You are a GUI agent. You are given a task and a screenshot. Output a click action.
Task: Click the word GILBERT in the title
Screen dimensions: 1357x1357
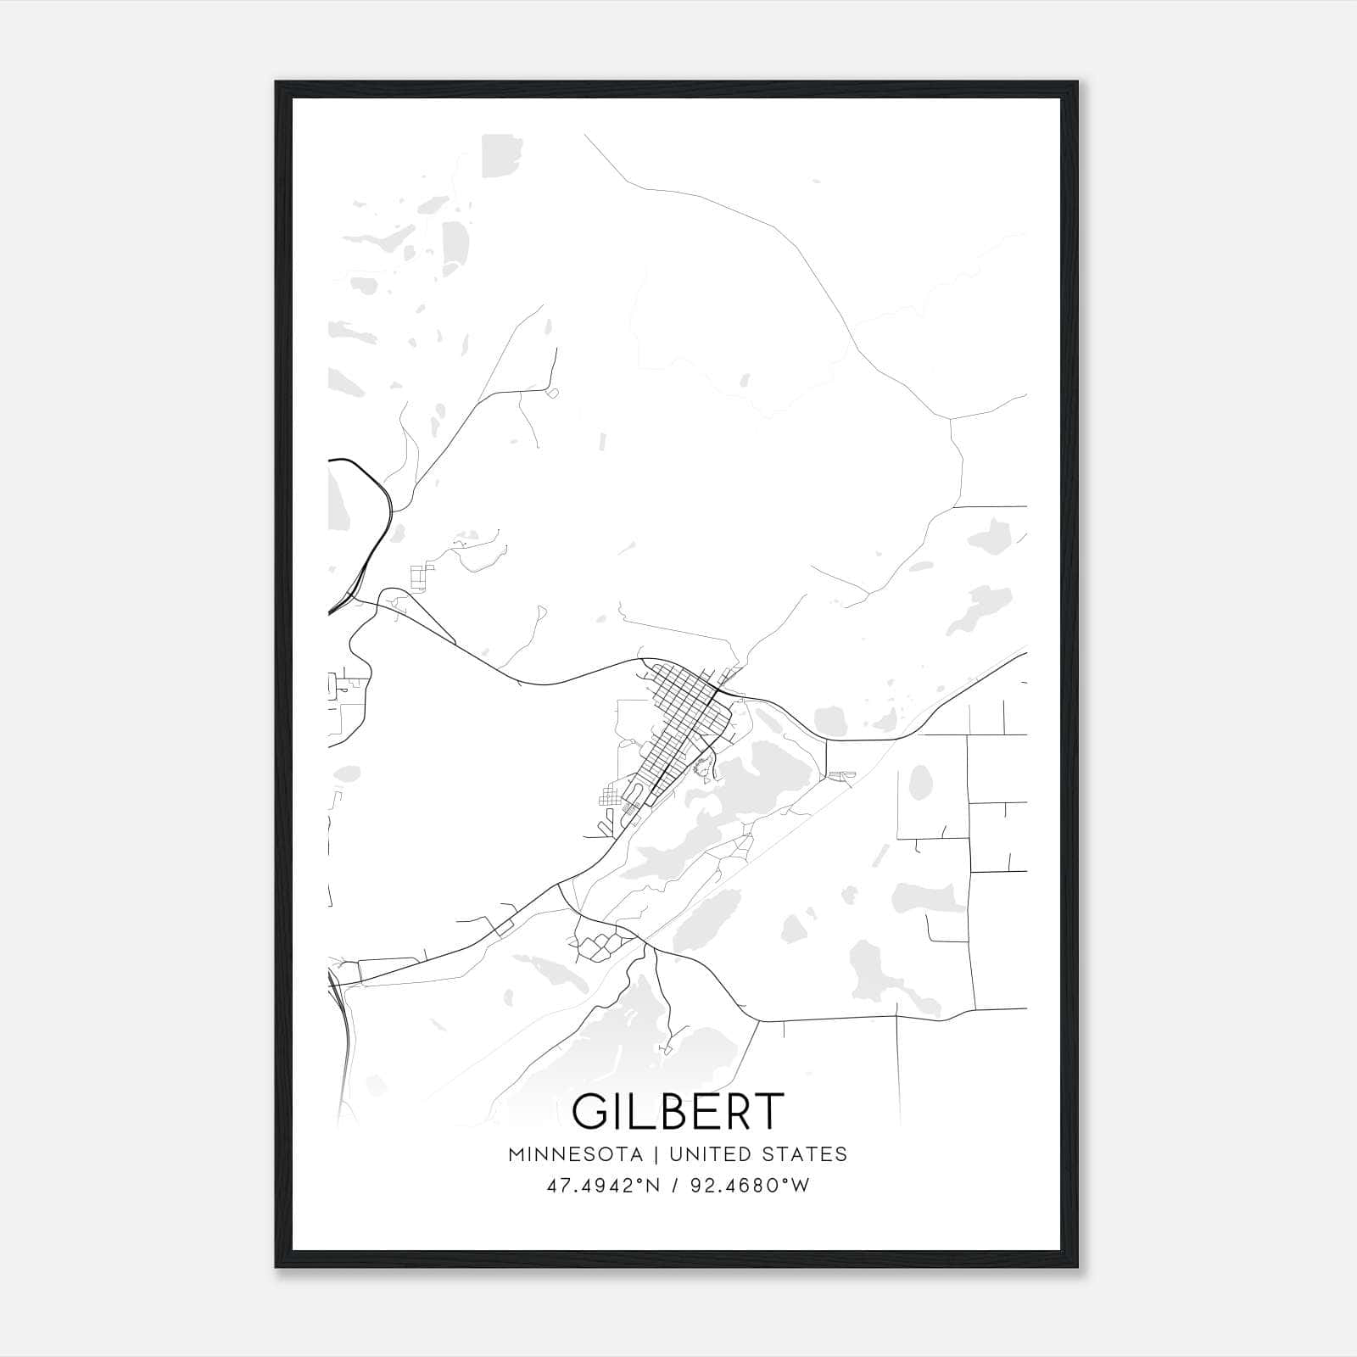click(677, 1111)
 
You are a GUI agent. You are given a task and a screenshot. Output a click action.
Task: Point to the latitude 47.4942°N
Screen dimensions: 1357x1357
click(602, 1186)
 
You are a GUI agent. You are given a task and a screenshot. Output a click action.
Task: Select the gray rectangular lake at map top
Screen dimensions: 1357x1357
click(497, 156)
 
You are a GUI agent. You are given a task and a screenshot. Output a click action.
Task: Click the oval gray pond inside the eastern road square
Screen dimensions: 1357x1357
click(920, 782)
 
